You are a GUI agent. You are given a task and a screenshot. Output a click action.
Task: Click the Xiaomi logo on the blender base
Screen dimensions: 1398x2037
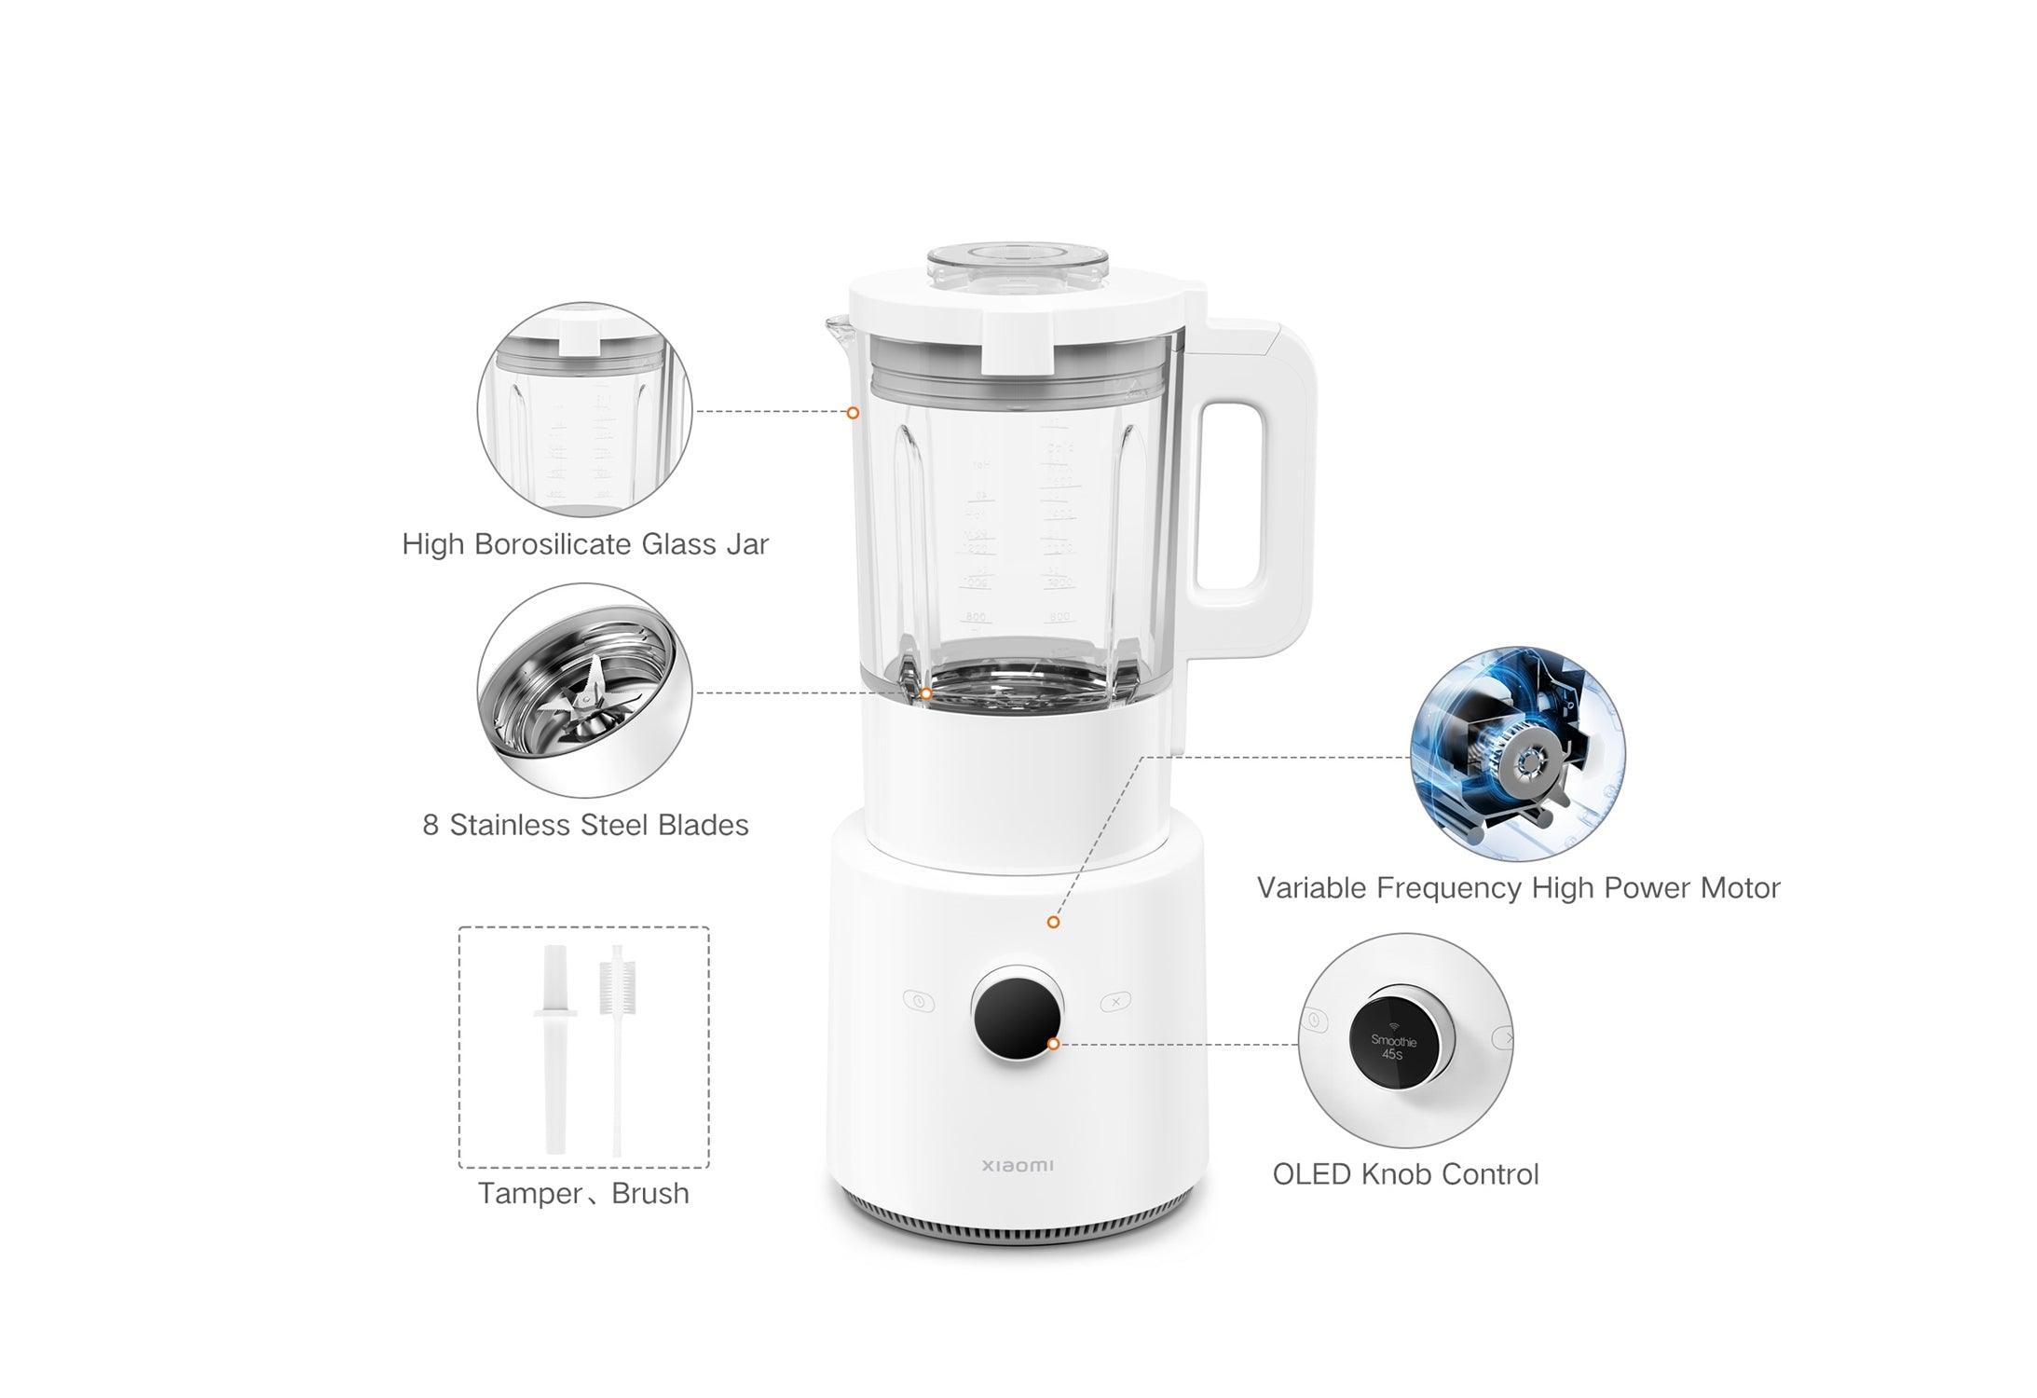pyautogui.click(x=1018, y=1165)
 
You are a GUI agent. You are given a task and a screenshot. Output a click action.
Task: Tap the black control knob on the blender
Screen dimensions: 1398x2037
pyautogui.click(x=1017, y=1012)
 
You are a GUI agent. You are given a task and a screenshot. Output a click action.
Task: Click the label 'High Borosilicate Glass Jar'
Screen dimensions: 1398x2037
pyautogui.click(x=585, y=544)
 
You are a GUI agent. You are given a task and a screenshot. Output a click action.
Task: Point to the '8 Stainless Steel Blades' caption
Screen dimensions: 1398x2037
pyautogui.click(x=585, y=825)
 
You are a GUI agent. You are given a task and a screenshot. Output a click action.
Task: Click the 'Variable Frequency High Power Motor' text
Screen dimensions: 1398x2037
pyautogui.click(x=1518, y=887)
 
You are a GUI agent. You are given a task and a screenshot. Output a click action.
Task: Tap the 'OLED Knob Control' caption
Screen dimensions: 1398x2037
pyautogui.click(x=1405, y=1174)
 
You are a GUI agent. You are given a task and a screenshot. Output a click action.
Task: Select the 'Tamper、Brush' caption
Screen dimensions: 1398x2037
pyautogui.click(x=583, y=1194)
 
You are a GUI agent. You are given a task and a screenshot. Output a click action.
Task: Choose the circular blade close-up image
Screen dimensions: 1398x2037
pyautogui.click(x=584, y=691)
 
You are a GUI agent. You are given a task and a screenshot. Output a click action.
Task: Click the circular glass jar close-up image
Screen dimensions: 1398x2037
pyautogui.click(x=584, y=409)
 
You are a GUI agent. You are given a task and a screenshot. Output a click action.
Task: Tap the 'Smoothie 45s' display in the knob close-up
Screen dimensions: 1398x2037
pyautogui.click(x=1392, y=1047)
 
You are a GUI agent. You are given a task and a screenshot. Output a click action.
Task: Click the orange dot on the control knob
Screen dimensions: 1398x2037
pyautogui.click(x=1053, y=1044)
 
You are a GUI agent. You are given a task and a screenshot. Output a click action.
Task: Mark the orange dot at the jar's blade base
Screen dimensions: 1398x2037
pyautogui.click(x=925, y=694)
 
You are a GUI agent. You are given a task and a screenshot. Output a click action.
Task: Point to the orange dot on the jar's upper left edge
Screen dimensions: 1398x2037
pyautogui.click(x=853, y=413)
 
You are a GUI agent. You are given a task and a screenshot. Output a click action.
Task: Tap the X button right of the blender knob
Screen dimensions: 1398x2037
pyautogui.click(x=1115, y=1002)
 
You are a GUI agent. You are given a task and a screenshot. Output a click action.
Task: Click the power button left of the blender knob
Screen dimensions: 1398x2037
pyautogui.click(x=919, y=1002)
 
